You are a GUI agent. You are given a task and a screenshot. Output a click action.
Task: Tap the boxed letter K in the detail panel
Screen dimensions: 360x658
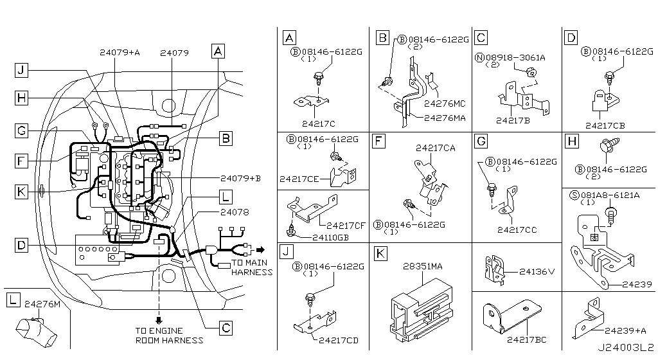point(380,253)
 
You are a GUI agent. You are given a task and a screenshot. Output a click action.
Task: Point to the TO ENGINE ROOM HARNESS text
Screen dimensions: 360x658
point(169,335)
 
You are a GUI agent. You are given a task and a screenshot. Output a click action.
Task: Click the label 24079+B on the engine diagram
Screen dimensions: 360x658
point(240,178)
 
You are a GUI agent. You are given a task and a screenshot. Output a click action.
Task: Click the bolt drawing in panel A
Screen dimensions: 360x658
point(317,78)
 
